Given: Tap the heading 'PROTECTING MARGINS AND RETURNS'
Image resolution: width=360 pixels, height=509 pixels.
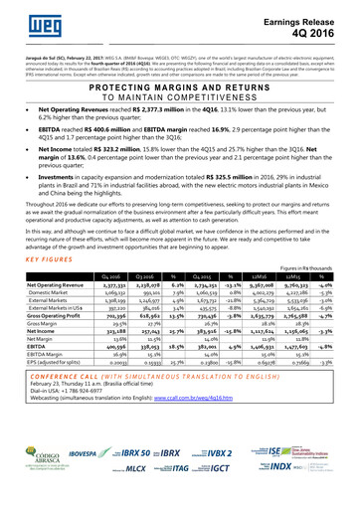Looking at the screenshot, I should (179, 88).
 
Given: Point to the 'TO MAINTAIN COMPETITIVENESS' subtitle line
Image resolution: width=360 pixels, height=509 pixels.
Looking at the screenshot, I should (179, 99).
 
